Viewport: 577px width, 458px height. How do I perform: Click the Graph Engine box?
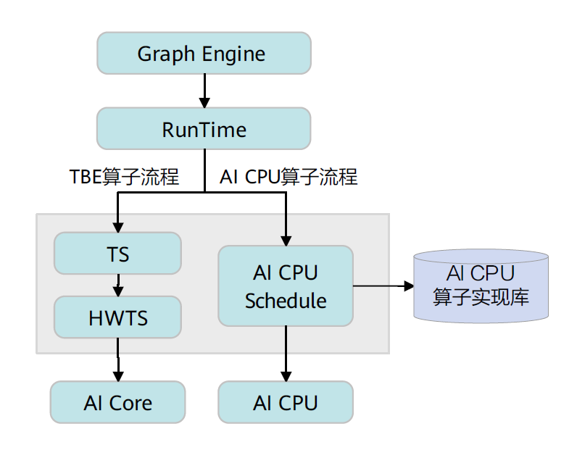coord(204,54)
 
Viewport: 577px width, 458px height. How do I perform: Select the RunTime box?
coord(204,130)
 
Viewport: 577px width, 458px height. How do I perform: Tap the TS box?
coord(117,254)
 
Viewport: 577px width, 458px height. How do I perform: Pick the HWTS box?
coord(117,317)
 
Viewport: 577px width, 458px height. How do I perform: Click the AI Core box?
coord(117,403)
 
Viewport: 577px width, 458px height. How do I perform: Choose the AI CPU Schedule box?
coord(286,286)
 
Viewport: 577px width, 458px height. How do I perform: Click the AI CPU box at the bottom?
coord(286,403)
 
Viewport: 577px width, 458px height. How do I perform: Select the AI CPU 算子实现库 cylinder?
coord(481,286)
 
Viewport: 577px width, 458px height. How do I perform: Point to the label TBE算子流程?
coord(124,176)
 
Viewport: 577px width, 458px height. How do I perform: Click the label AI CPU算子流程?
coord(288,176)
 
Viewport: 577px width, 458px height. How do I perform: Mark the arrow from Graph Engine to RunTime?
coord(204,91)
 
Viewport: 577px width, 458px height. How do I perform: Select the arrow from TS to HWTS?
coord(118,286)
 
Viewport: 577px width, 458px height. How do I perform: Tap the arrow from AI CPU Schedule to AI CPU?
coord(286,353)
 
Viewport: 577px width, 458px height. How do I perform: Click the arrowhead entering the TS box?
coord(118,226)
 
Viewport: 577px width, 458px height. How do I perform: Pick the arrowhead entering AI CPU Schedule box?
coord(286,240)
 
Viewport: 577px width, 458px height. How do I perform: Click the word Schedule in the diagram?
coord(286,300)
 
